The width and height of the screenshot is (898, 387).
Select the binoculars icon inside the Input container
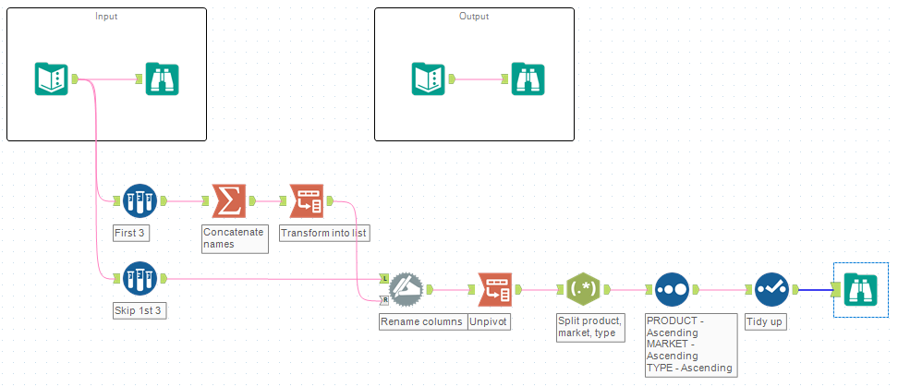tap(162, 79)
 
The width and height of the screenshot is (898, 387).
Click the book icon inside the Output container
tap(428, 79)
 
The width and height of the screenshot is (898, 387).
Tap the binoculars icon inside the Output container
tap(528, 79)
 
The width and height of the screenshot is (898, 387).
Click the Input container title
tap(106, 17)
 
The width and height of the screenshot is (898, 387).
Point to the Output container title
tap(474, 17)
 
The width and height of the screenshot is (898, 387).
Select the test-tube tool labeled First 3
tap(140, 200)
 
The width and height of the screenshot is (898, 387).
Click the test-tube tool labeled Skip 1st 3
tap(140, 278)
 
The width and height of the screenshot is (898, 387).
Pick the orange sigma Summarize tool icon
tap(228, 200)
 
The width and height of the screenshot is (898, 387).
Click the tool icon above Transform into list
tap(306, 200)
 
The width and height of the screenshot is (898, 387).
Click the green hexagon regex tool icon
tap(583, 289)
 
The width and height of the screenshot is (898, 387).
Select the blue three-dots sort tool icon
tap(672, 289)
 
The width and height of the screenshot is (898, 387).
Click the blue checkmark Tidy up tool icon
tap(771, 289)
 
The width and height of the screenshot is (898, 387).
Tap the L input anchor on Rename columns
tap(382, 278)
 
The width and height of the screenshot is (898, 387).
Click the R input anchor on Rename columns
tap(382, 299)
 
